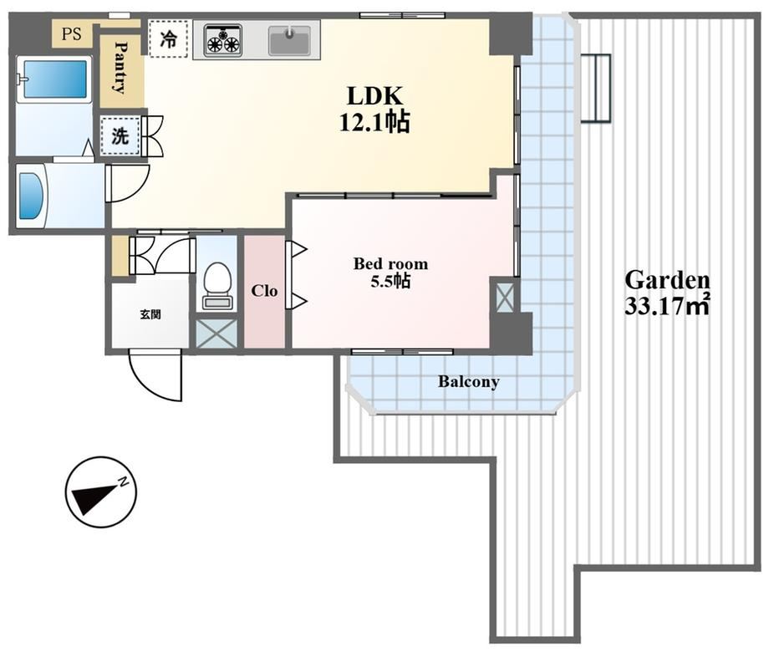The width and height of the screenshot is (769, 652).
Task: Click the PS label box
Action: point(72,34)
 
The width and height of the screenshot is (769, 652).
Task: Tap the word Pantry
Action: point(120,67)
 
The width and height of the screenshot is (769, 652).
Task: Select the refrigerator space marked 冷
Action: point(168,38)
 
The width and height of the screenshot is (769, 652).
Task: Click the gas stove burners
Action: point(224,39)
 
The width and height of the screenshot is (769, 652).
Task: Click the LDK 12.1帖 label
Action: point(374,109)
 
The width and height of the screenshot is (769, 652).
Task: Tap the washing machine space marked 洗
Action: point(120,136)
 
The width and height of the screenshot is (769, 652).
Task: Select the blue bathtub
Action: point(54,79)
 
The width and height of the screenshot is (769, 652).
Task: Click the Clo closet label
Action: point(264,291)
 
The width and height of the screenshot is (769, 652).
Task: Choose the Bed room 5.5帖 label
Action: point(390,273)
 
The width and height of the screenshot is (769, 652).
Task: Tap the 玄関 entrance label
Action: point(150,314)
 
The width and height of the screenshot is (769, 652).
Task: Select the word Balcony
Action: point(469,382)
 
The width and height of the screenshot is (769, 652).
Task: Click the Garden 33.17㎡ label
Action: point(668,293)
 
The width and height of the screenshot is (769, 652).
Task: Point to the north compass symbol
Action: point(101,492)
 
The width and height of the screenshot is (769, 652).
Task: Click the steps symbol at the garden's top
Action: point(595,88)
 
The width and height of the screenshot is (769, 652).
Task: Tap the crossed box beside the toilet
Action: point(216,334)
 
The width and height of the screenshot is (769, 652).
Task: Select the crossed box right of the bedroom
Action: point(505,295)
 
